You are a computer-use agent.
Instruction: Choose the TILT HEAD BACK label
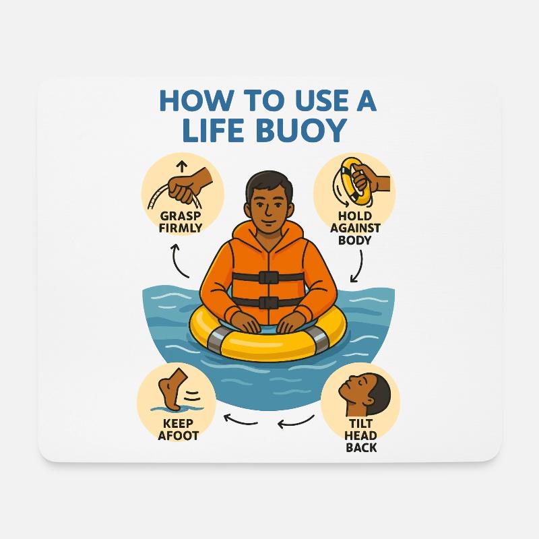click(360, 436)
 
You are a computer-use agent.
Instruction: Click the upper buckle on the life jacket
click(269, 276)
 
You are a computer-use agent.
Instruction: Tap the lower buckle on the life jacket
click(269, 303)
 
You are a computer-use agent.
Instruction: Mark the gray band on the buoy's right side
click(321, 340)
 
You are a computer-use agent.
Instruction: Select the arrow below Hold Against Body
click(358, 265)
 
